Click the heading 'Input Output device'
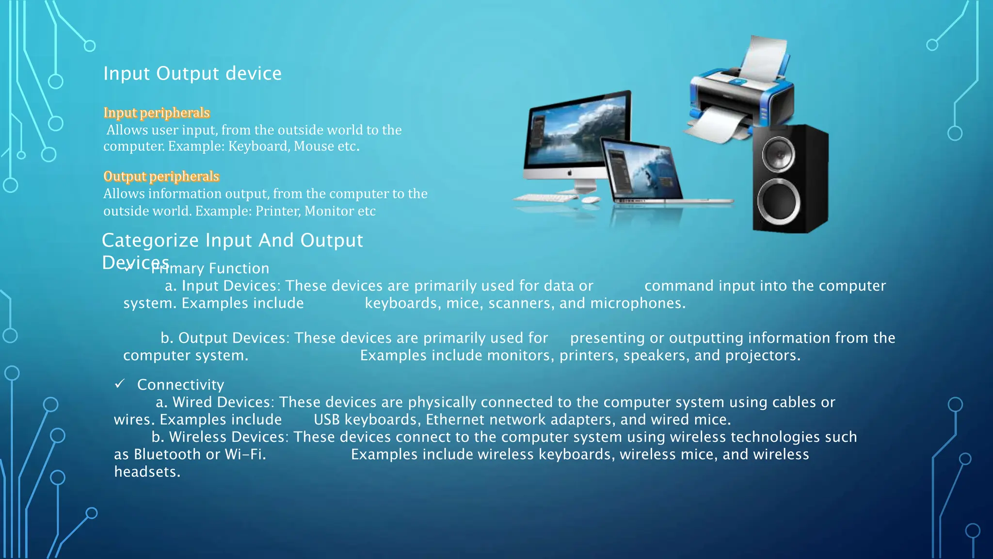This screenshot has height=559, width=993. point(192,74)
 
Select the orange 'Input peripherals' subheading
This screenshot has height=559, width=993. point(157,113)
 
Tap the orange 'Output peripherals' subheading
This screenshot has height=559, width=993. point(161,176)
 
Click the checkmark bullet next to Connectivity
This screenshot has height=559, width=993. point(120,384)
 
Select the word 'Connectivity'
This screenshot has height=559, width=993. point(180,385)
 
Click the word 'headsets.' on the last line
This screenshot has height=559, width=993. point(147,472)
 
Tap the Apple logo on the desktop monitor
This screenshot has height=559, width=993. point(570,173)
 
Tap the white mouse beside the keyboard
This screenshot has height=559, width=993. point(590,199)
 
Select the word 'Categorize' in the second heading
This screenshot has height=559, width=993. point(150,241)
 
